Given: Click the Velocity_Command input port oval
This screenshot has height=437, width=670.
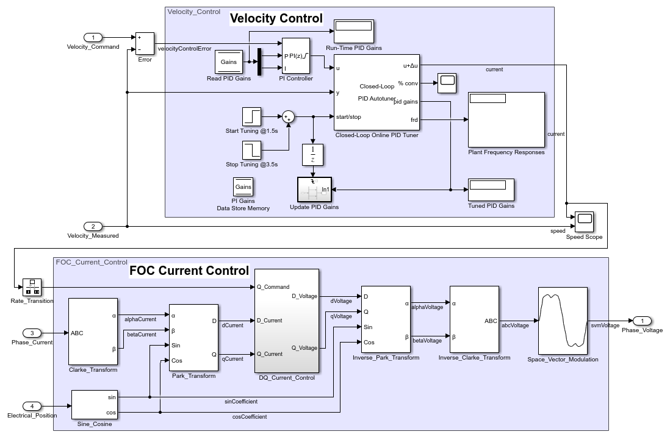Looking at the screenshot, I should point(93,38).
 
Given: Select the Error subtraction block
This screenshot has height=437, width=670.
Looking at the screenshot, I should point(145,44).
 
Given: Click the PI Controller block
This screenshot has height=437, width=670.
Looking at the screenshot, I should point(296,56).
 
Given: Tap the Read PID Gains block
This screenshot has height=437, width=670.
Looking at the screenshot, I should point(229,62).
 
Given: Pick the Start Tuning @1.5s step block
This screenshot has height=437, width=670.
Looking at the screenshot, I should point(251,116).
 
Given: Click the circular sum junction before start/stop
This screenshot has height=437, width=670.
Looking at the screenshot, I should point(287,116).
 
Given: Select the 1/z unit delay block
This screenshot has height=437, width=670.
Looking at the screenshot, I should point(313,155).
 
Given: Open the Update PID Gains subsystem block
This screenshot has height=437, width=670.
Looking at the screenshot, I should point(314,190).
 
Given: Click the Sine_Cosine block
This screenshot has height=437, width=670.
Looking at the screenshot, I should point(94,405).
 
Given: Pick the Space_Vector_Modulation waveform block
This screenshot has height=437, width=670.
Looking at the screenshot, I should point(563,321).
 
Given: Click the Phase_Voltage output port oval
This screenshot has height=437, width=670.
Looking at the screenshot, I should point(642,321).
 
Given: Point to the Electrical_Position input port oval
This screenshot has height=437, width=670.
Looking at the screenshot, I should point(32,406).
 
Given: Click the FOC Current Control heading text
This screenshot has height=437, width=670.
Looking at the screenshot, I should point(189,271).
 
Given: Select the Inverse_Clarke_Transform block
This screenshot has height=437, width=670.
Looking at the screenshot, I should point(474,319).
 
